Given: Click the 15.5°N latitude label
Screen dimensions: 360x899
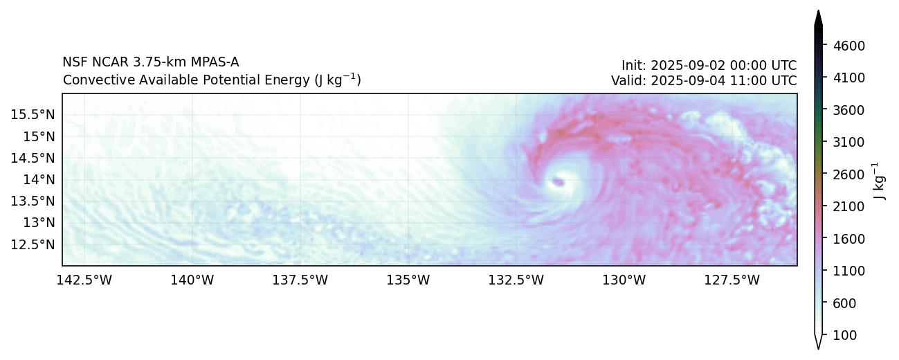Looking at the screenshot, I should tap(33, 114).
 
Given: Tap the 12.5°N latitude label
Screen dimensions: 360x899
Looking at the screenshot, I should tap(33, 244).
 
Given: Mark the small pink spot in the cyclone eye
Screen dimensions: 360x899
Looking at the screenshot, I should tap(558, 183).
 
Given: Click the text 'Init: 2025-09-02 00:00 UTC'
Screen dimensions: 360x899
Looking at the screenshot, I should tap(709, 65).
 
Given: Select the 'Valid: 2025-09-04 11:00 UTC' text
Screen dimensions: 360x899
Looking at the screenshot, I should tap(704, 80).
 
